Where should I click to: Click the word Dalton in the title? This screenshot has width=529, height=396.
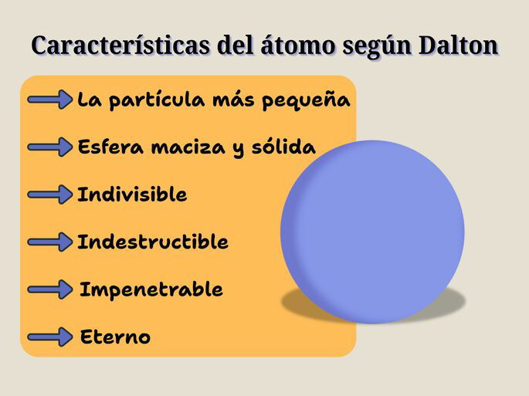coord(458,46)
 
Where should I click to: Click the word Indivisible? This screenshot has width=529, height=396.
coord(132,195)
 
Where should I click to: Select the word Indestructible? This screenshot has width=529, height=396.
coord(153,242)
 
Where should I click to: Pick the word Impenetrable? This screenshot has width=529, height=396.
coord(151,289)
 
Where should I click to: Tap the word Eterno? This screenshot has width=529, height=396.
coord(116,337)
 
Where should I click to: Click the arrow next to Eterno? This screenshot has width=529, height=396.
coord(49,337)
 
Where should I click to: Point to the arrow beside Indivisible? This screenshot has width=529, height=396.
coord(49,195)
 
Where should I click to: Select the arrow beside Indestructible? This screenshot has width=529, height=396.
coord(49,242)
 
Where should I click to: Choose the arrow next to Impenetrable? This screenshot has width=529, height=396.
coord(49,289)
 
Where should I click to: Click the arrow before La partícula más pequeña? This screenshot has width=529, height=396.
coord(49,100)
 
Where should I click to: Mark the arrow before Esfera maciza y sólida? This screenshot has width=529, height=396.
coord(49,147)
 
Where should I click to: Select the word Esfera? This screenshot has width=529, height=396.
coord(110,147)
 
